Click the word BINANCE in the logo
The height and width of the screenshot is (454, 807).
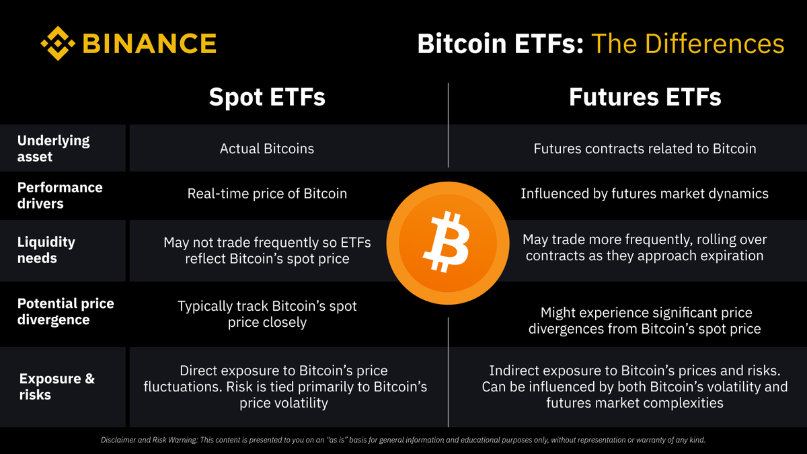click(149, 44)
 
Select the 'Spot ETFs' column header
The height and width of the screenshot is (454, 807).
click(267, 97)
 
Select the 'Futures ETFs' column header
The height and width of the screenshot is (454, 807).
click(644, 97)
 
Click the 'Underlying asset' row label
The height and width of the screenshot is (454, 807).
click(53, 149)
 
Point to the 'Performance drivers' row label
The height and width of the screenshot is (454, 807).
click(60, 195)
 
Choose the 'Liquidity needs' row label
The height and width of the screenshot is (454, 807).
click(46, 250)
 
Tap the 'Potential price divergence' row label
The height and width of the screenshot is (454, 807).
click(65, 311)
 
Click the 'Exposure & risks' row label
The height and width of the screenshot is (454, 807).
click(56, 387)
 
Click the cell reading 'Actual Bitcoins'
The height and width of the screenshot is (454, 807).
click(267, 149)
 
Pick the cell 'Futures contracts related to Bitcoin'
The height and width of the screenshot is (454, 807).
click(644, 149)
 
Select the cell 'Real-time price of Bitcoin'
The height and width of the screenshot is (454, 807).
click(267, 194)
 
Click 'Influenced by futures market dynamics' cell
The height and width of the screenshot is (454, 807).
click(644, 194)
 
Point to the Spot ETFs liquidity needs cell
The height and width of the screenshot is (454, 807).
click(267, 250)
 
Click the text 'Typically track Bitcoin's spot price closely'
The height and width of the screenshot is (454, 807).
click(267, 314)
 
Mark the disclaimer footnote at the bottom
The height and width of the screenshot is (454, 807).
click(403, 440)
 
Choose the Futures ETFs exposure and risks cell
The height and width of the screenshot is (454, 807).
click(634, 387)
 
